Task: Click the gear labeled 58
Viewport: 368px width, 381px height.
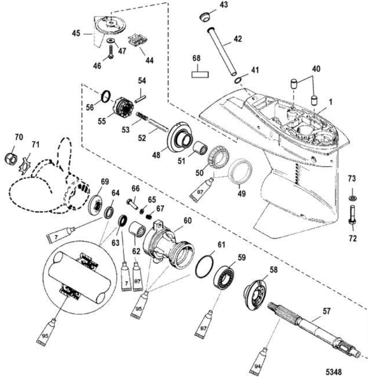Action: [x=255, y=291]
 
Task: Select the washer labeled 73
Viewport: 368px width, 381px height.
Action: [x=351, y=198]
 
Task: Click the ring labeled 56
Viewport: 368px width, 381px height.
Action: [x=106, y=96]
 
